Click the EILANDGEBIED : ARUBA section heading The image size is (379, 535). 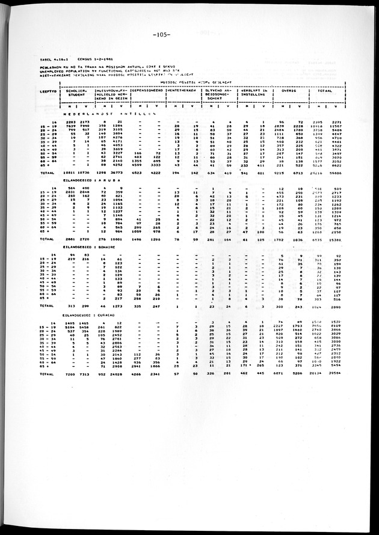(x=100, y=179)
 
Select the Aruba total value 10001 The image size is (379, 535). (x=131, y=239)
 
